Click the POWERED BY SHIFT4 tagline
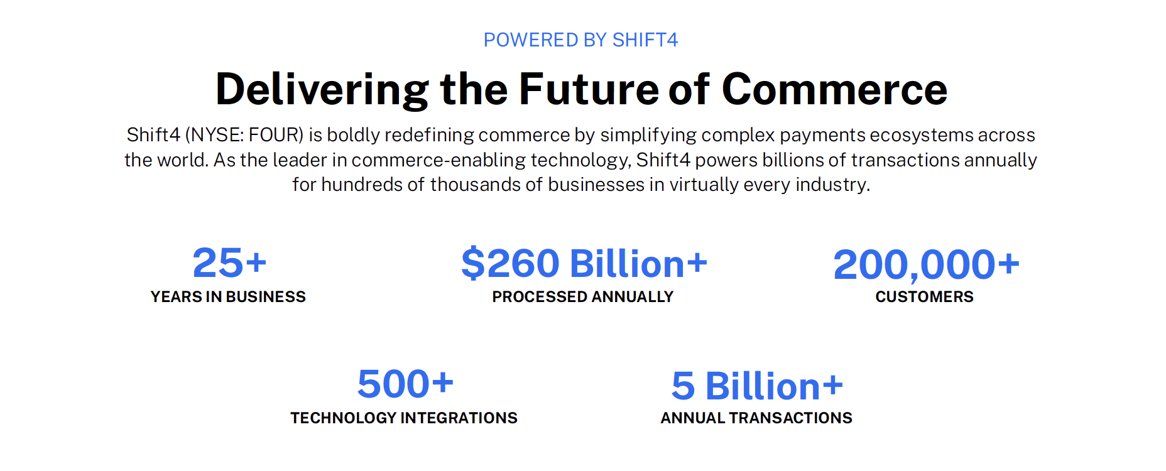580,40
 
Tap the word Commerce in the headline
834,89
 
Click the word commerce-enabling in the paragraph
439,160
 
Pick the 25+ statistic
229,263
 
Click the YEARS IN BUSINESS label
228,297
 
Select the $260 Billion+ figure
584,263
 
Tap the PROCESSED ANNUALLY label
583,297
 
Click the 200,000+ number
926,264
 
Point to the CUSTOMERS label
925,297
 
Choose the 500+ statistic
405,384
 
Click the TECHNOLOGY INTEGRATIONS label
404,418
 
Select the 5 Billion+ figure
757,385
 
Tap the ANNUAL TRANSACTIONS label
756,418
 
